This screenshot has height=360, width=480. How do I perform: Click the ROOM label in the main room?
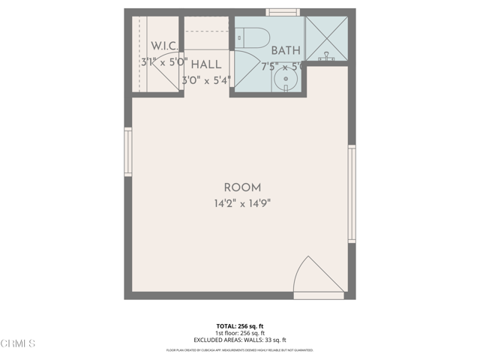point(242,187)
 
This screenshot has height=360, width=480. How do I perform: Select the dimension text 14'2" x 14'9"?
point(242,203)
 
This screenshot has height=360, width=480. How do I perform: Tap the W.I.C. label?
point(163,46)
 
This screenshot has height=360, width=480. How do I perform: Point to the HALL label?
point(205,65)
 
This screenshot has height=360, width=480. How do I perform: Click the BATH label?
point(285,51)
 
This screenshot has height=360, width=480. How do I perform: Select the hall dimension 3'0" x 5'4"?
point(205,79)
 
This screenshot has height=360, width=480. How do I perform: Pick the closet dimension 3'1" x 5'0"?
point(163,63)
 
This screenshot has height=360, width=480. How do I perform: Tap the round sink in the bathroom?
point(285,79)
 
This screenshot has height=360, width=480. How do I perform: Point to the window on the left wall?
point(128,152)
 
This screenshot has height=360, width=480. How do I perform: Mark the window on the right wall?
point(352,194)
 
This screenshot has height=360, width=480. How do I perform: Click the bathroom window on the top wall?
point(283,12)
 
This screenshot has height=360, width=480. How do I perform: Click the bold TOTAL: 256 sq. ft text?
point(239,325)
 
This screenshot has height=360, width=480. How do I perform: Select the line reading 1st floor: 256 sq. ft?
point(239,333)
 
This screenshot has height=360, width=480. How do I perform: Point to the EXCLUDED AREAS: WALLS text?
point(239,340)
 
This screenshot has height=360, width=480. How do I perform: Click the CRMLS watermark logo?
point(19,343)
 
